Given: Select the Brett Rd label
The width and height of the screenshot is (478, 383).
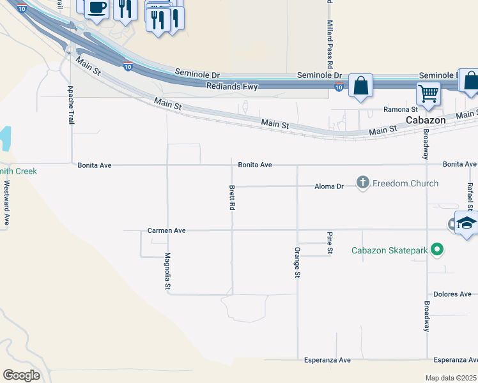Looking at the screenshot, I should (x=232, y=198).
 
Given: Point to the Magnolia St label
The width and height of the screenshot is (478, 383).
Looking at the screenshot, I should (x=167, y=272).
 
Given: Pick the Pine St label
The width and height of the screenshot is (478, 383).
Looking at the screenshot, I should (x=330, y=243).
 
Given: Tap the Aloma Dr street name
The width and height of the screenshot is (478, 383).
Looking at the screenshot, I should (x=329, y=186).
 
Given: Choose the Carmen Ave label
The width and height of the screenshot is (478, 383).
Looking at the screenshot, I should (x=166, y=230).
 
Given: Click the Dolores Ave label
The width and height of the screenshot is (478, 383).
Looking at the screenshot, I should (x=452, y=294).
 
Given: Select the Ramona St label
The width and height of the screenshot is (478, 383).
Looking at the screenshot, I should (x=401, y=110).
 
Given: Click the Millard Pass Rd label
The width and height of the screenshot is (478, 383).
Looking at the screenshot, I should (x=330, y=44).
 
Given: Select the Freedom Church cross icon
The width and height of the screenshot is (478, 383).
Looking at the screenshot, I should (x=363, y=183).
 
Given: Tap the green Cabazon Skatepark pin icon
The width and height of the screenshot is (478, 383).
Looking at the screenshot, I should (x=437, y=250).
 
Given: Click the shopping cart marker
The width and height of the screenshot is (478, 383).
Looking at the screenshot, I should (x=428, y=93).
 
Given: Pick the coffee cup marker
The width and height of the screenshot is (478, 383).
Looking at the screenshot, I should (x=96, y=8).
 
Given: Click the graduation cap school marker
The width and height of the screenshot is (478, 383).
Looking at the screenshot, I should (x=466, y=223).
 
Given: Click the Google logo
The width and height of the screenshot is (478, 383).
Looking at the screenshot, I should (x=21, y=375).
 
